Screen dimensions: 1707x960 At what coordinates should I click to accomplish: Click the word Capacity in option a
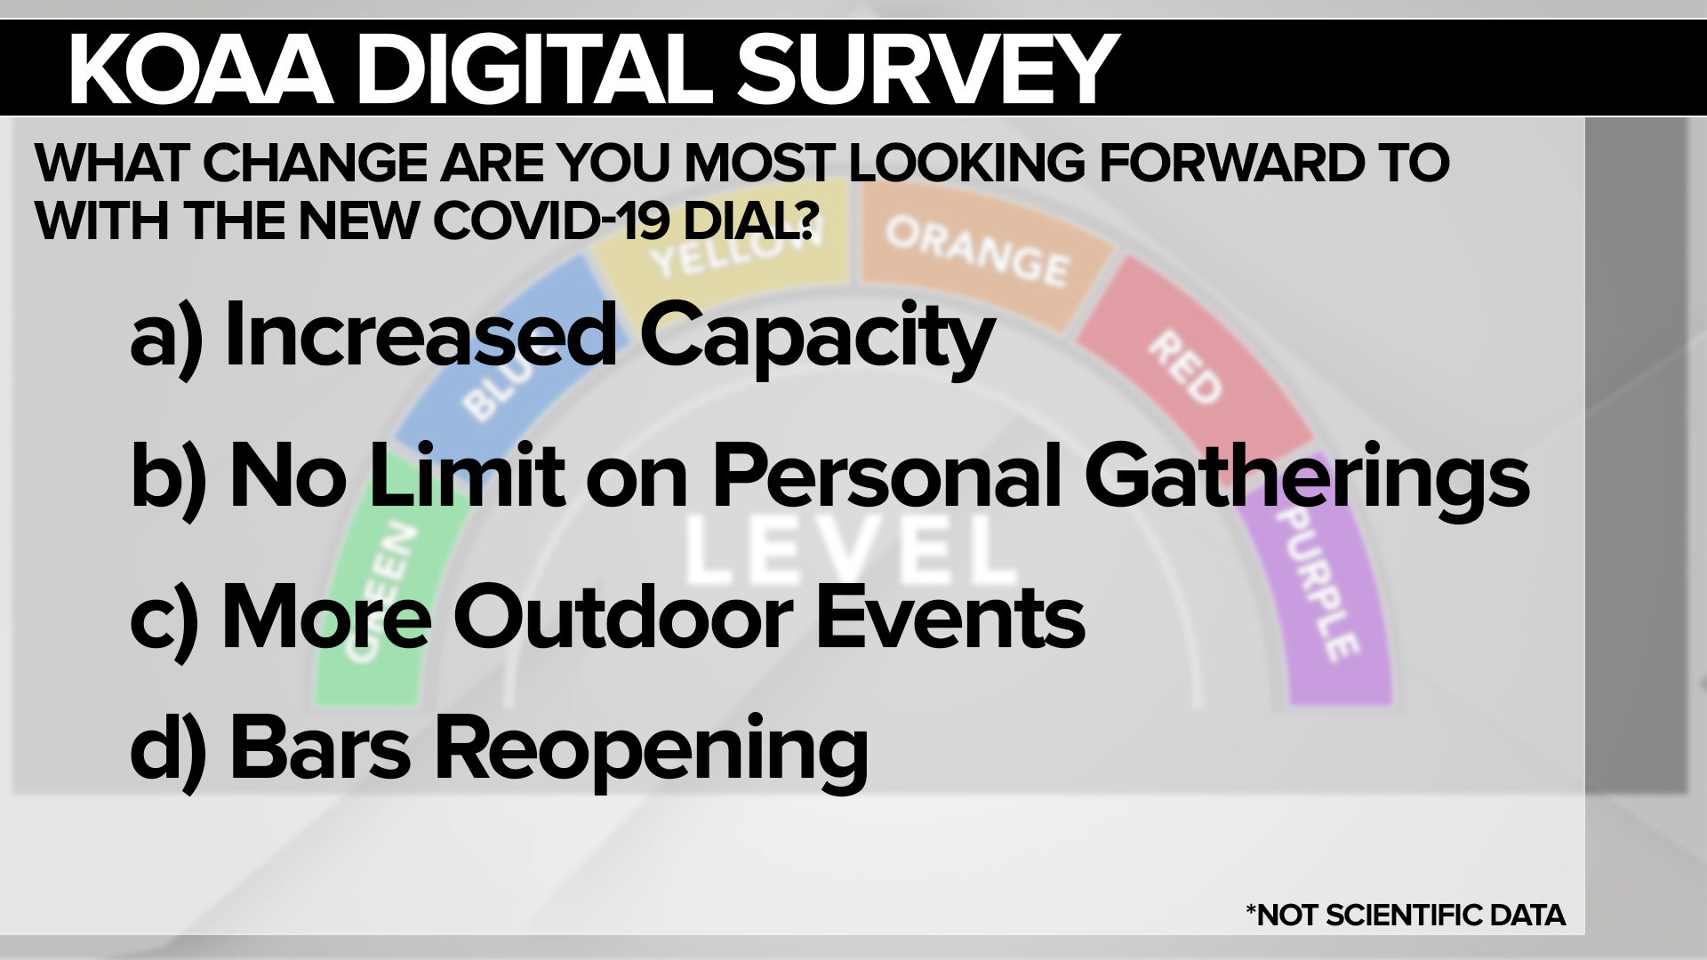click(x=816, y=339)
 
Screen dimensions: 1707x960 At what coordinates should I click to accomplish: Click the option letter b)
click(x=168, y=478)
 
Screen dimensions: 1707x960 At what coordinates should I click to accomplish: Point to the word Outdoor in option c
click(x=623, y=617)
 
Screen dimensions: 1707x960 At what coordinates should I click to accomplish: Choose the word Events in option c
click(x=950, y=617)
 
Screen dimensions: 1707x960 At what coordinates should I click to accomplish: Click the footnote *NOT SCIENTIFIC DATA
click(x=1406, y=915)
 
